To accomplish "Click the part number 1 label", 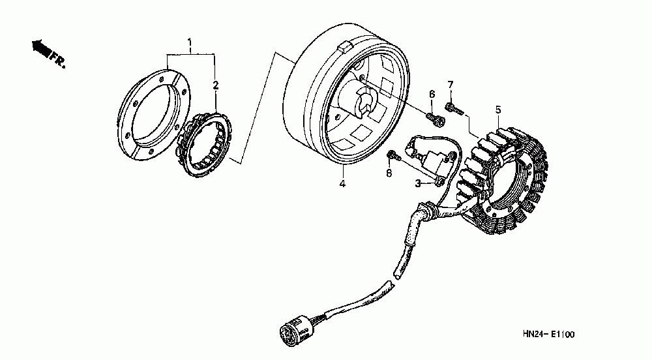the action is tap(190, 44).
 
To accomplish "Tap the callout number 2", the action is tap(216, 85).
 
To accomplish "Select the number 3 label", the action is tap(418, 185).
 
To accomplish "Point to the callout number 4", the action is tap(342, 184).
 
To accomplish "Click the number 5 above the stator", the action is tap(497, 110).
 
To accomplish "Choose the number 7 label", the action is tap(450, 84).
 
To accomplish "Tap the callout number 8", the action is tap(389, 173).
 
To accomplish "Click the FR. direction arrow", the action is tap(42, 48).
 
